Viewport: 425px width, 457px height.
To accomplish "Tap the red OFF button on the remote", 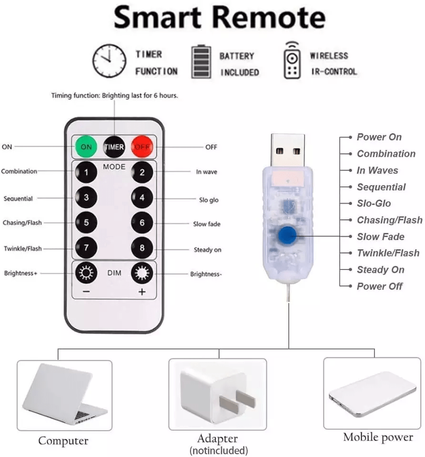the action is pos(142,147).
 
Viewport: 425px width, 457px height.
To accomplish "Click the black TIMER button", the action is pos(114,147).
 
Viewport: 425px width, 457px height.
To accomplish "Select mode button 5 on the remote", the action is pos(86,223).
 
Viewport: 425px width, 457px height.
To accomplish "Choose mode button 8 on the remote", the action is pos(142,248).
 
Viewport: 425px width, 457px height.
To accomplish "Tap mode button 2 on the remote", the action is pos(142,172).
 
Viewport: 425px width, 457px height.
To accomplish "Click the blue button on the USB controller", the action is pos(287,236).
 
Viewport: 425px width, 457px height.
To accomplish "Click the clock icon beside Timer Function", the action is pos(110,61).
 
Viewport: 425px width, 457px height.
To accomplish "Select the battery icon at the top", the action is pos(201,61).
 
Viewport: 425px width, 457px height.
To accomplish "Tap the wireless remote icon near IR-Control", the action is pos(292,60).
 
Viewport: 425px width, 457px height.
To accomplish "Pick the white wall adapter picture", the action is pos(218,394).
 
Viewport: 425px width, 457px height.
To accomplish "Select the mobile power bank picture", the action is pos(373,394).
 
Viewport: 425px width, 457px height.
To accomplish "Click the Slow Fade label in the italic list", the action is pos(381,237).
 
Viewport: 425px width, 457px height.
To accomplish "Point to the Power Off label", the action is pos(379,286).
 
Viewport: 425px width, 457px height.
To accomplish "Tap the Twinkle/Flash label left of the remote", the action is pos(23,248).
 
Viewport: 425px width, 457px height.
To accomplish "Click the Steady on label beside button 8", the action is pos(207,250).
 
